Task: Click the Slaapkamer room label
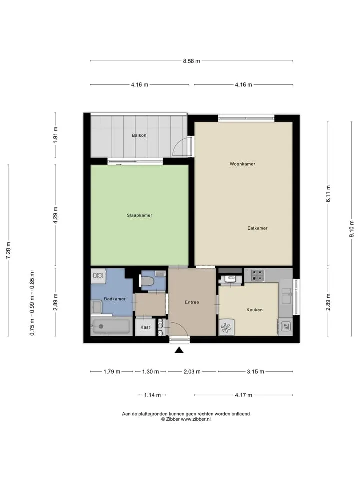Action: pos(139,215)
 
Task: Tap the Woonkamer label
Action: pos(242,164)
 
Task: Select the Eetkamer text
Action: pos(257,228)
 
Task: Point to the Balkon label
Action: pos(139,135)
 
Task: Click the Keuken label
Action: pos(254,310)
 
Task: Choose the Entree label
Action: pos(192,302)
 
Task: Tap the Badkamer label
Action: pos(115,299)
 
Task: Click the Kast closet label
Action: pos(145,327)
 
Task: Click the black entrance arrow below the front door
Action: pos(179,350)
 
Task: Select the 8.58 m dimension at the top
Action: pos(191,61)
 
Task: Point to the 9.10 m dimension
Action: pos(352,229)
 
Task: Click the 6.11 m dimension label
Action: pos(328,194)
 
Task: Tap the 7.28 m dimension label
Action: pos(8,250)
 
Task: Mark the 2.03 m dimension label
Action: pos(192,372)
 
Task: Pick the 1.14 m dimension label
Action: pos(152,395)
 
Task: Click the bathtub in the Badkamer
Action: pos(111,326)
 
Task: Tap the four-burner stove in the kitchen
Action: pos(258,275)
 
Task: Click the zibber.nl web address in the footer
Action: pos(196,419)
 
